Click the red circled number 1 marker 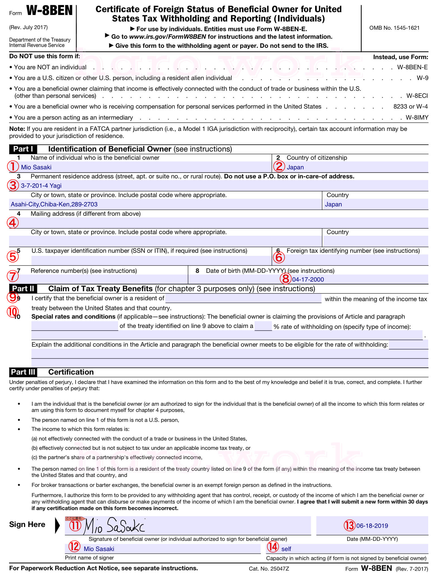coord(13,167)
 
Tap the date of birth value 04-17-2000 coord(308,280)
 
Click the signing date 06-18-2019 coord(372,526)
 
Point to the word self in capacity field coord(286,549)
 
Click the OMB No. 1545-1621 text coord(394,28)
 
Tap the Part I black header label coord(23,149)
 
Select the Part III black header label coord(23,372)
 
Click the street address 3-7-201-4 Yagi coord(41,186)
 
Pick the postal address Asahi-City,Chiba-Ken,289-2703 coord(54,204)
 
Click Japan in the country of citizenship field coord(295,167)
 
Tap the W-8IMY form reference coord(417,118)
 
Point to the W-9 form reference coord(422,78)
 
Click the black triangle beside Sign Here coord(57,526)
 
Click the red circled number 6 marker coord(279,257)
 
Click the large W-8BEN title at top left coord(49,11)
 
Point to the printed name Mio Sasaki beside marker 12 coord(99,549)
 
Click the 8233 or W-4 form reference coord(410,107)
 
